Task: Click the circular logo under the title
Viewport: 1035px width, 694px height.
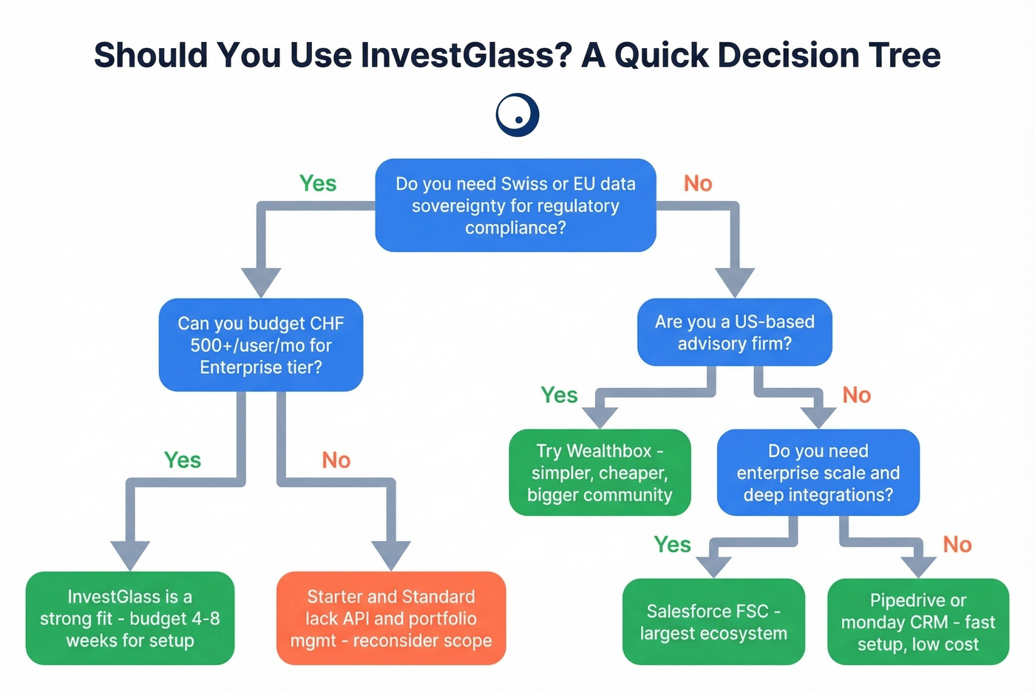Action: tap(517, 115)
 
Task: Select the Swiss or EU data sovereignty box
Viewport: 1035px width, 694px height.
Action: tap(515, 205)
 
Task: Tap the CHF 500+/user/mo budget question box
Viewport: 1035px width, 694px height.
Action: tap(260, 345)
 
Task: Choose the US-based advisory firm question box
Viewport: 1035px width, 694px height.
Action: tap(734, 333)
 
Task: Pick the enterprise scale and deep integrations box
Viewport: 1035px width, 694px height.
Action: tap(818, 473)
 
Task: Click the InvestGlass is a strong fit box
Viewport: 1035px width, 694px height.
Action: tap(130, 619)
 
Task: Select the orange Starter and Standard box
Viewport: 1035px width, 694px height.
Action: tap(391, 619)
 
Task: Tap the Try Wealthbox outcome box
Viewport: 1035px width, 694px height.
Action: tap(600, 473)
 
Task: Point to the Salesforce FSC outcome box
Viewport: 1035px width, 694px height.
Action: tap(713, 622)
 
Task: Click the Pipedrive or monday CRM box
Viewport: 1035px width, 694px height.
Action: tap(917, 622)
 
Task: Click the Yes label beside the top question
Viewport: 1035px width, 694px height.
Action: tap(318, 183)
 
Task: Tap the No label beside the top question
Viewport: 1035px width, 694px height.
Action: tap(698, 183)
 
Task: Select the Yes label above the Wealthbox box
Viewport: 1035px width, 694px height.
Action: tap(559, 395)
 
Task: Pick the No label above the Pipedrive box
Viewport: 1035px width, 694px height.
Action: tap(957, 545)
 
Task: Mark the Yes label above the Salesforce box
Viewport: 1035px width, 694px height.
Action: tap(672, 545)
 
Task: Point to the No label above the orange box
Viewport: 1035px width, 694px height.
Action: tap(336, 460)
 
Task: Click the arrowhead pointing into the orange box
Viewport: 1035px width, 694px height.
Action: tap(391, 556)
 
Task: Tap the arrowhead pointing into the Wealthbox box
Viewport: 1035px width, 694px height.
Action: tap(600, 417)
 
